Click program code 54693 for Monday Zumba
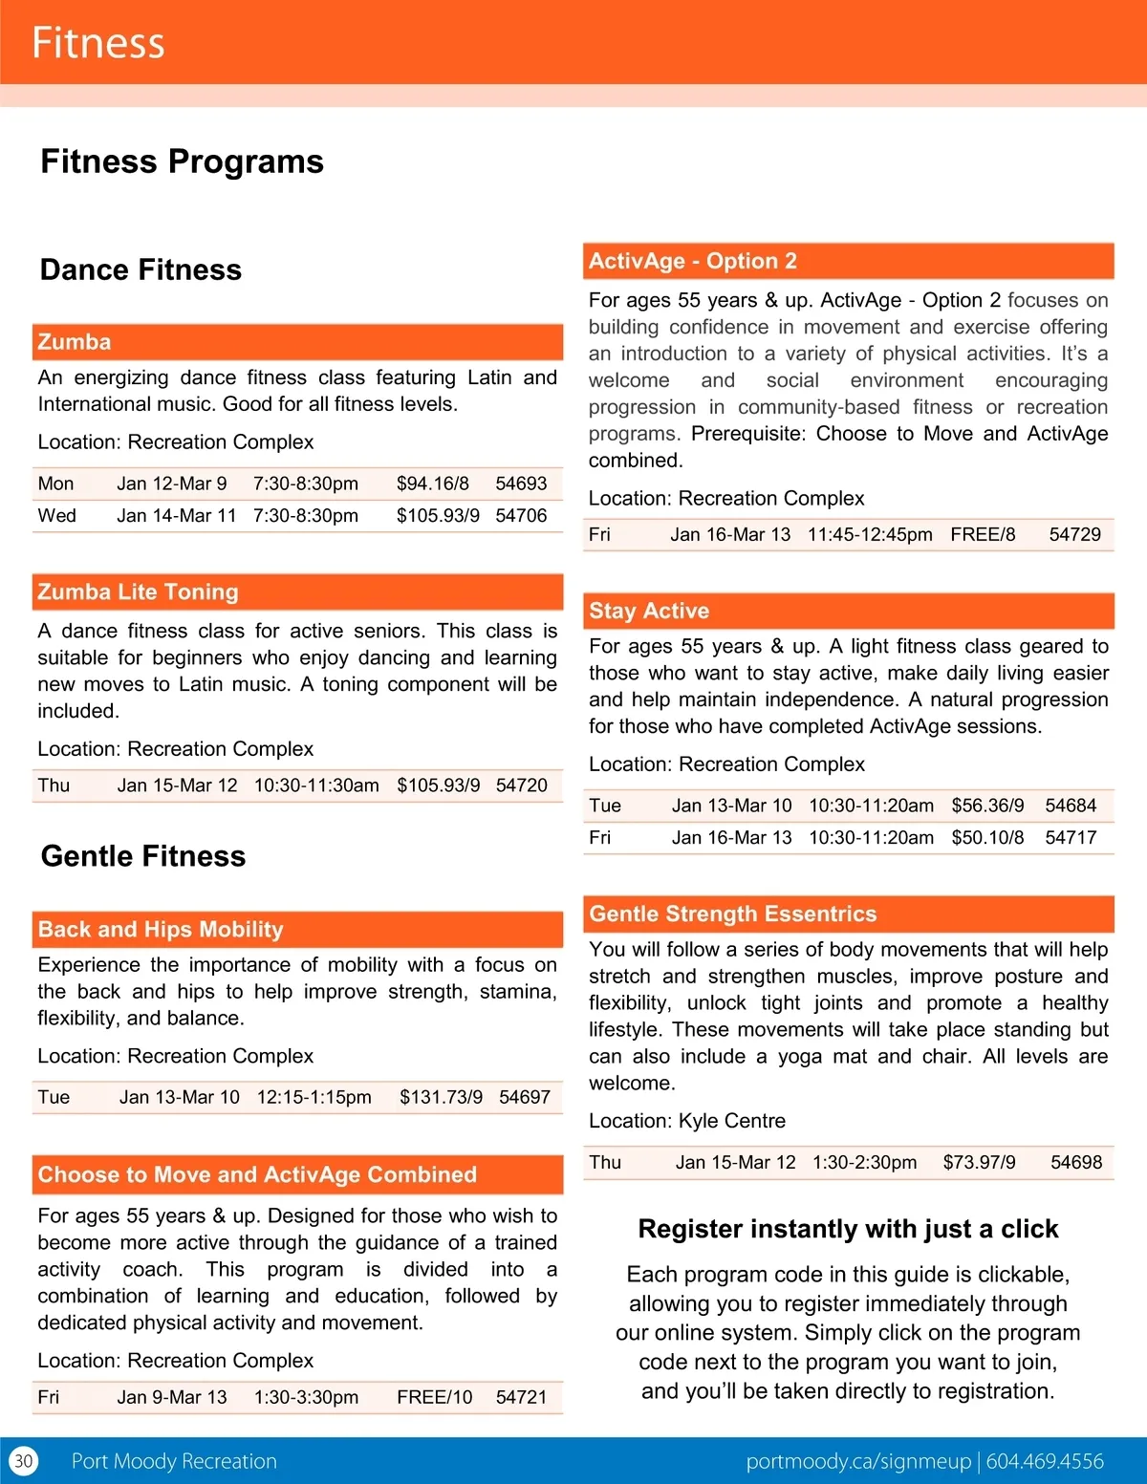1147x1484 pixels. (x=521, y=484)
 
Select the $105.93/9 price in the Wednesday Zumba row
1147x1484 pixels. (x=438, y=516)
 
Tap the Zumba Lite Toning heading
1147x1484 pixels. (x=138, y=592)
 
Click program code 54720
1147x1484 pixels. (x=521, y=785)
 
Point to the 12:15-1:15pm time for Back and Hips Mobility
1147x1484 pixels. (x=314, y=1097)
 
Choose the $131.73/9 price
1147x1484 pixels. (x=441, y=1097)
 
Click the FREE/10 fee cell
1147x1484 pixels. (x=434, y=1397)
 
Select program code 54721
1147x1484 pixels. (x=521, y=1397)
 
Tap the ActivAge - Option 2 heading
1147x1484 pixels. (x=692, y=261)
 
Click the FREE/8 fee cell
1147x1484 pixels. (x=983, y=534)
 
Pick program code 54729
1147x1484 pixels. (x=1074, y=534)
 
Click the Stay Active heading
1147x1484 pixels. (x=649, y=611)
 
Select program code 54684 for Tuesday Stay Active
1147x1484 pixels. (x=1071, y=806)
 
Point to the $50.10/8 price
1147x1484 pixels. (x=987, y=838)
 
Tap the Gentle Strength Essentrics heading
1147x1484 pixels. (x=732, y=914)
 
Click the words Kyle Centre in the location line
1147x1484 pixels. (x=731, y=1121)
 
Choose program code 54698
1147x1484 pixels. (x=1076, y=1163)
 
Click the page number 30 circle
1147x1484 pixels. (x=24, y=1461)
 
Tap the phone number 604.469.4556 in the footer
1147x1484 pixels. (x=1045, y=1461)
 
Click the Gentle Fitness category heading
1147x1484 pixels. (x=143, y=856)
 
